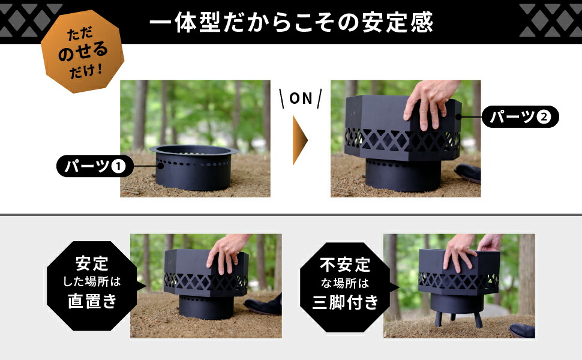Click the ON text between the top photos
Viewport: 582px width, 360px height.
coord(301,98)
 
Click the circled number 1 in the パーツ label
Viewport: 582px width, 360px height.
coord(119,166)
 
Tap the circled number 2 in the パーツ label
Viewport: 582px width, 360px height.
coord(543,117)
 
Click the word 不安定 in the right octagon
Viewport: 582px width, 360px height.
coord(345,264)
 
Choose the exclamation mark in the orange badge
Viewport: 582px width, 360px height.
coord(100,70)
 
